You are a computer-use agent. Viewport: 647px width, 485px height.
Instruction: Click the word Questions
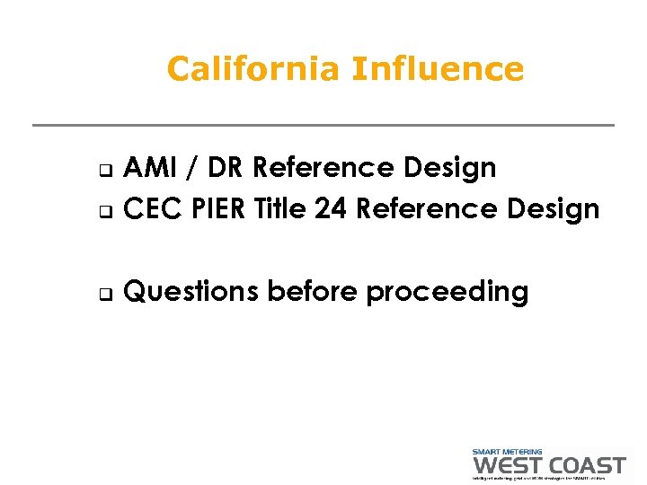click(191, 291)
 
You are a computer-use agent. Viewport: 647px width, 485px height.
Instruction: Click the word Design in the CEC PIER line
click(553, 208)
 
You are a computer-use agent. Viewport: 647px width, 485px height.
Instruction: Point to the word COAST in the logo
click(587, 465)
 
